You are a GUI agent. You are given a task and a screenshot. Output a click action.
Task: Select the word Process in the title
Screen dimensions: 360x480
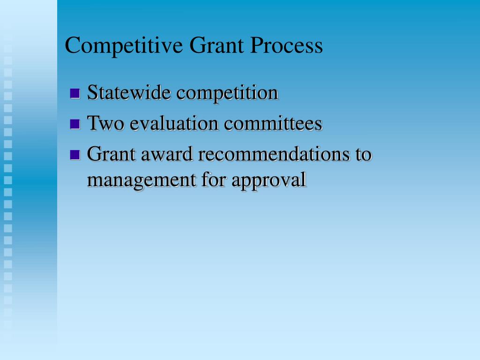pos(287,45)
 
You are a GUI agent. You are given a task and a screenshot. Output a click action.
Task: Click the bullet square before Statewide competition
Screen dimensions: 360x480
pos(75,93)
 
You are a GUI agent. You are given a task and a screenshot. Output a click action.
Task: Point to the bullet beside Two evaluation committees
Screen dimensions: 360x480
pos(75,124)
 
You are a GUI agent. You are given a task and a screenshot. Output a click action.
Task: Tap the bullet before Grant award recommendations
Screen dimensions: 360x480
pos(75,154)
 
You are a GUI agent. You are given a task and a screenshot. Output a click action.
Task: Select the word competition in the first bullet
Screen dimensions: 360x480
pos(227,93)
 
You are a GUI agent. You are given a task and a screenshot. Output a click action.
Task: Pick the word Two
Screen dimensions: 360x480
pos(106,123)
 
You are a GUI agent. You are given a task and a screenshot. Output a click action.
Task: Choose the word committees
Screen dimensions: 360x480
pos(273,123)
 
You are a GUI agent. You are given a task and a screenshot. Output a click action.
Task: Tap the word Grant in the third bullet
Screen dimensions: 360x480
pos(110,154)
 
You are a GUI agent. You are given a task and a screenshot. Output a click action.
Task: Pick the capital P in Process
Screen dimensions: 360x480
pos(255,45)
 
